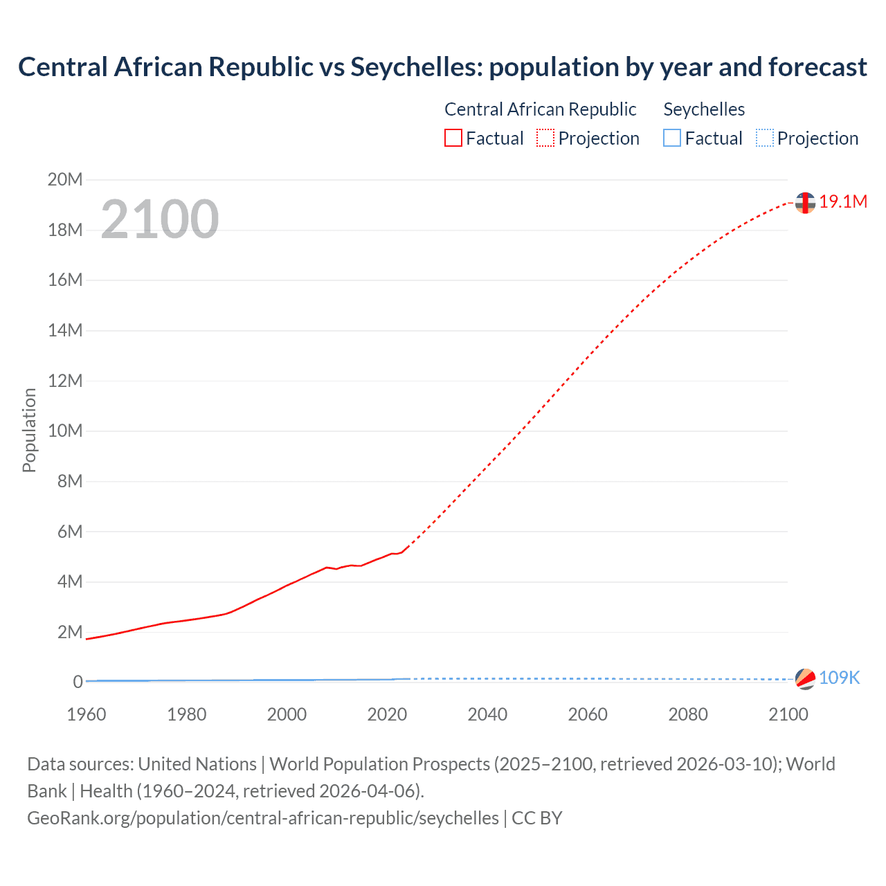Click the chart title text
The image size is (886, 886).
(442, 67)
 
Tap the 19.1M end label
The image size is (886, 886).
(843, 201)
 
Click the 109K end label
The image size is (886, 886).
(839, 678)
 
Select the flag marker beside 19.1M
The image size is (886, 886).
(805, 203)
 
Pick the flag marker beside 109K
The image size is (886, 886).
(805, 679)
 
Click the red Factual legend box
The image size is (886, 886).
(453, 138)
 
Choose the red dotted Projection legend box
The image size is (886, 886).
(545, 138)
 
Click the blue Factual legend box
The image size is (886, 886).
(672, 138)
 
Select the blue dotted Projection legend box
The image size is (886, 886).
(764, 138)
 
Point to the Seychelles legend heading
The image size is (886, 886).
(704, 109)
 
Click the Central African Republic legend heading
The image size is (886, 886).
(540, 109)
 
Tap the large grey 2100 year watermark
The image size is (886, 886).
(160, 219)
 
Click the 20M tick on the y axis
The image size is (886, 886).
(65, 180)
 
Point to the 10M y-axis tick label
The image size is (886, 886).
(65, 431)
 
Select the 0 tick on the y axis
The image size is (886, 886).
(78, 682)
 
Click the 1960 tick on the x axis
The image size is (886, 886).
(87, 714)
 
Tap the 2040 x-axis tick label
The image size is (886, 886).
(487, 714)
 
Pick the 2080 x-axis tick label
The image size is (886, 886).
(688, 714)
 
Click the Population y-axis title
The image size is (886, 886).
(29, 431)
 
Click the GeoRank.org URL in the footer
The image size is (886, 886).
(263, 818)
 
